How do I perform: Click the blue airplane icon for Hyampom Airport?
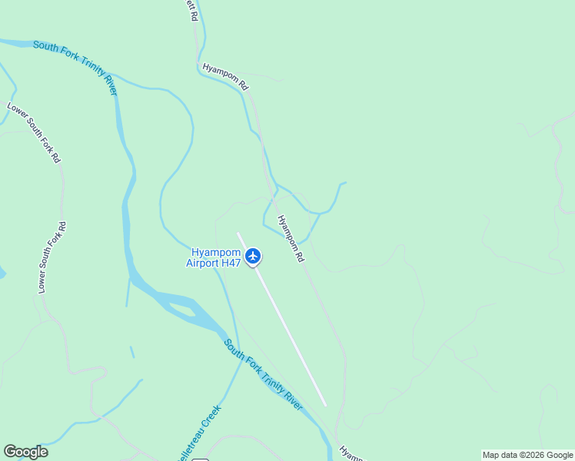253,256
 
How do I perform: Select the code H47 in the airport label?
231,263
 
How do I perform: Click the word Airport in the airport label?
202,263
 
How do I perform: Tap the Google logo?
25,452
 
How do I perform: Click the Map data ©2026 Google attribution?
527,455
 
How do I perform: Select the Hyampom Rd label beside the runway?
291,239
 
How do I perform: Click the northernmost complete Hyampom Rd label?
226,77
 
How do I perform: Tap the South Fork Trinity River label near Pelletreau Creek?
264,375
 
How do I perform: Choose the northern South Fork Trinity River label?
75,68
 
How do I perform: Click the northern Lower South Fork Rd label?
33,132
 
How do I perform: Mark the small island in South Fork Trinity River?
181,310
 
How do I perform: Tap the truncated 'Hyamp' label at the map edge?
352,453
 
